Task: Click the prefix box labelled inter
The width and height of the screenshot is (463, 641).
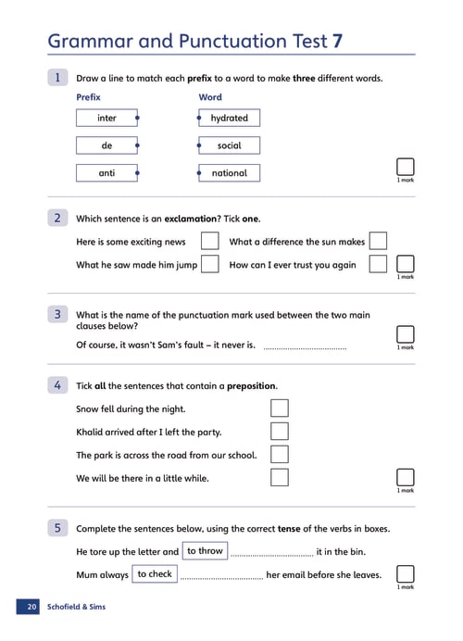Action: [x=106, y=118]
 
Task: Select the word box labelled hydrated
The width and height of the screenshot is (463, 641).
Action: [x=230, y=118]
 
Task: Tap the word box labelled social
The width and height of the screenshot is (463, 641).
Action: [x=230, y=145]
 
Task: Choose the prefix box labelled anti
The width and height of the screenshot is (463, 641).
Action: [x=106, y=173]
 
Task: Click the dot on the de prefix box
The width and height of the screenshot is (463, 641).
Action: [x=137, y=145]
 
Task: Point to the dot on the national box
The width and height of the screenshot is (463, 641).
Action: [x=199, y=173]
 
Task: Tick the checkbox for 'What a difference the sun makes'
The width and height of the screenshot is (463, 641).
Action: [x=378, y=241]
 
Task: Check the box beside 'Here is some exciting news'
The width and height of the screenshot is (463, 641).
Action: [x=209, y=241]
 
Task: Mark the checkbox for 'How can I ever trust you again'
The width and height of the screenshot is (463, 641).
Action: [x=378, y=264]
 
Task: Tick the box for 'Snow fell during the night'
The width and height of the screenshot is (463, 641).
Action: [x=280, y=408]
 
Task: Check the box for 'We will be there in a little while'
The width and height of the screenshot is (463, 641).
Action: [x=280, y=477]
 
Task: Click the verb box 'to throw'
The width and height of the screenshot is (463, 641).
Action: [x=205, y=550]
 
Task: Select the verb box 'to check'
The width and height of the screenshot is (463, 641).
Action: [x=155, y=574]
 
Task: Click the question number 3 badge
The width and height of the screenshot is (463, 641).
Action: [x=57, y=314]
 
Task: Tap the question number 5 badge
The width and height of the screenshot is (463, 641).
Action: [x=57, y=528]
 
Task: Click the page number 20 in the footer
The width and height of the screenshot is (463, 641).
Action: [x=31, y=607]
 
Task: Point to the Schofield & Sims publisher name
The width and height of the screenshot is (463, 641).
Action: [x=77, y=607]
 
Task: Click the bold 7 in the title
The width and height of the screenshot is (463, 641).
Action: [x=337, y=42]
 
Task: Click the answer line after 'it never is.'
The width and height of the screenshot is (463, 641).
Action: [x=305, y=348]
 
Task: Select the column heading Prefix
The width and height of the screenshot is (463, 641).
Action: [x=88, y=97]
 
